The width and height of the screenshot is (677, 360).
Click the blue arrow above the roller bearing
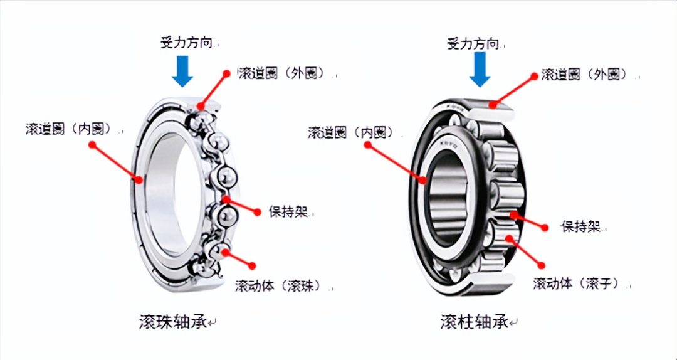(480, 69)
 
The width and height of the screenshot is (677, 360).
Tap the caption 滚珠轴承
(173, 322)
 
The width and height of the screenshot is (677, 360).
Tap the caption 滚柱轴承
(475, 322)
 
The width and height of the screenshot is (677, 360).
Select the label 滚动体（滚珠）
(279, 285)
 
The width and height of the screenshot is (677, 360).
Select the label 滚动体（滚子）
(577, 283)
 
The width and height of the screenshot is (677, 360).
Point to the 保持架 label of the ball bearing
(288, 212)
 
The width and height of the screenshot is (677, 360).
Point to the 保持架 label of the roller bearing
(581, 226)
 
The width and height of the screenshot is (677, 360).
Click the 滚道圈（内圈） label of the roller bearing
(350, 132)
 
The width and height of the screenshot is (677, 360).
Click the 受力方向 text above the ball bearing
(187, 43)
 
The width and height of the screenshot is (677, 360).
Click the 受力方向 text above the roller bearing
(474, 43)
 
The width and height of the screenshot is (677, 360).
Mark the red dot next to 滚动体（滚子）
(542, 265)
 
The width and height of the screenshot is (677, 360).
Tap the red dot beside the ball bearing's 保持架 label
(258, 212)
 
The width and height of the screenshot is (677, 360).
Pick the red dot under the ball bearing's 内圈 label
(92, 145)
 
